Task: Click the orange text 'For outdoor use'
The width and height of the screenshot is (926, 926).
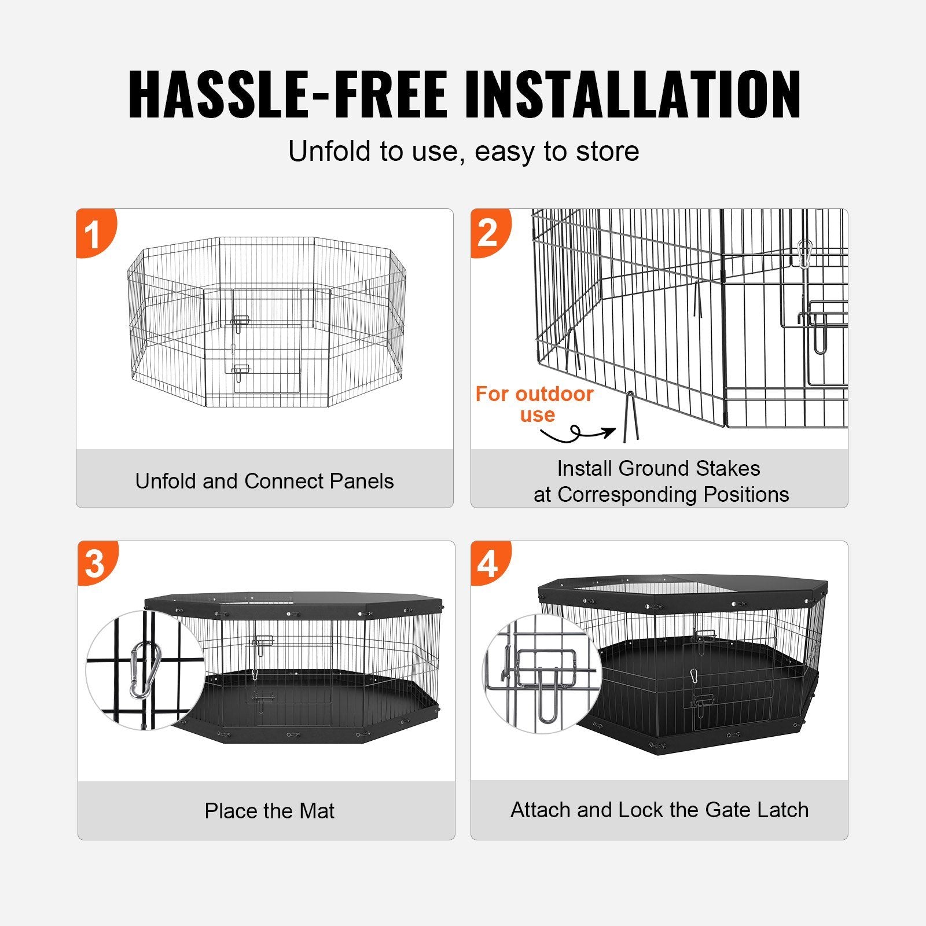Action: pos(534,404)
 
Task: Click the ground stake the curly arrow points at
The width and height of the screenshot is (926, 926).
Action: pos(630,417)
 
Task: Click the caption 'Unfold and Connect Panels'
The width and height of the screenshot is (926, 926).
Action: pos(264,481)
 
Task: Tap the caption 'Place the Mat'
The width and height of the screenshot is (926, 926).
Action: pos(269,811)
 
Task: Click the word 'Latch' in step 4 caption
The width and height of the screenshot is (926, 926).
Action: pos(782,810)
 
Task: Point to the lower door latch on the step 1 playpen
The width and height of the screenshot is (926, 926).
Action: pos(240,372)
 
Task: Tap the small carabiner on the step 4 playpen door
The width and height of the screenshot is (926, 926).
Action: pos(694,675)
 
